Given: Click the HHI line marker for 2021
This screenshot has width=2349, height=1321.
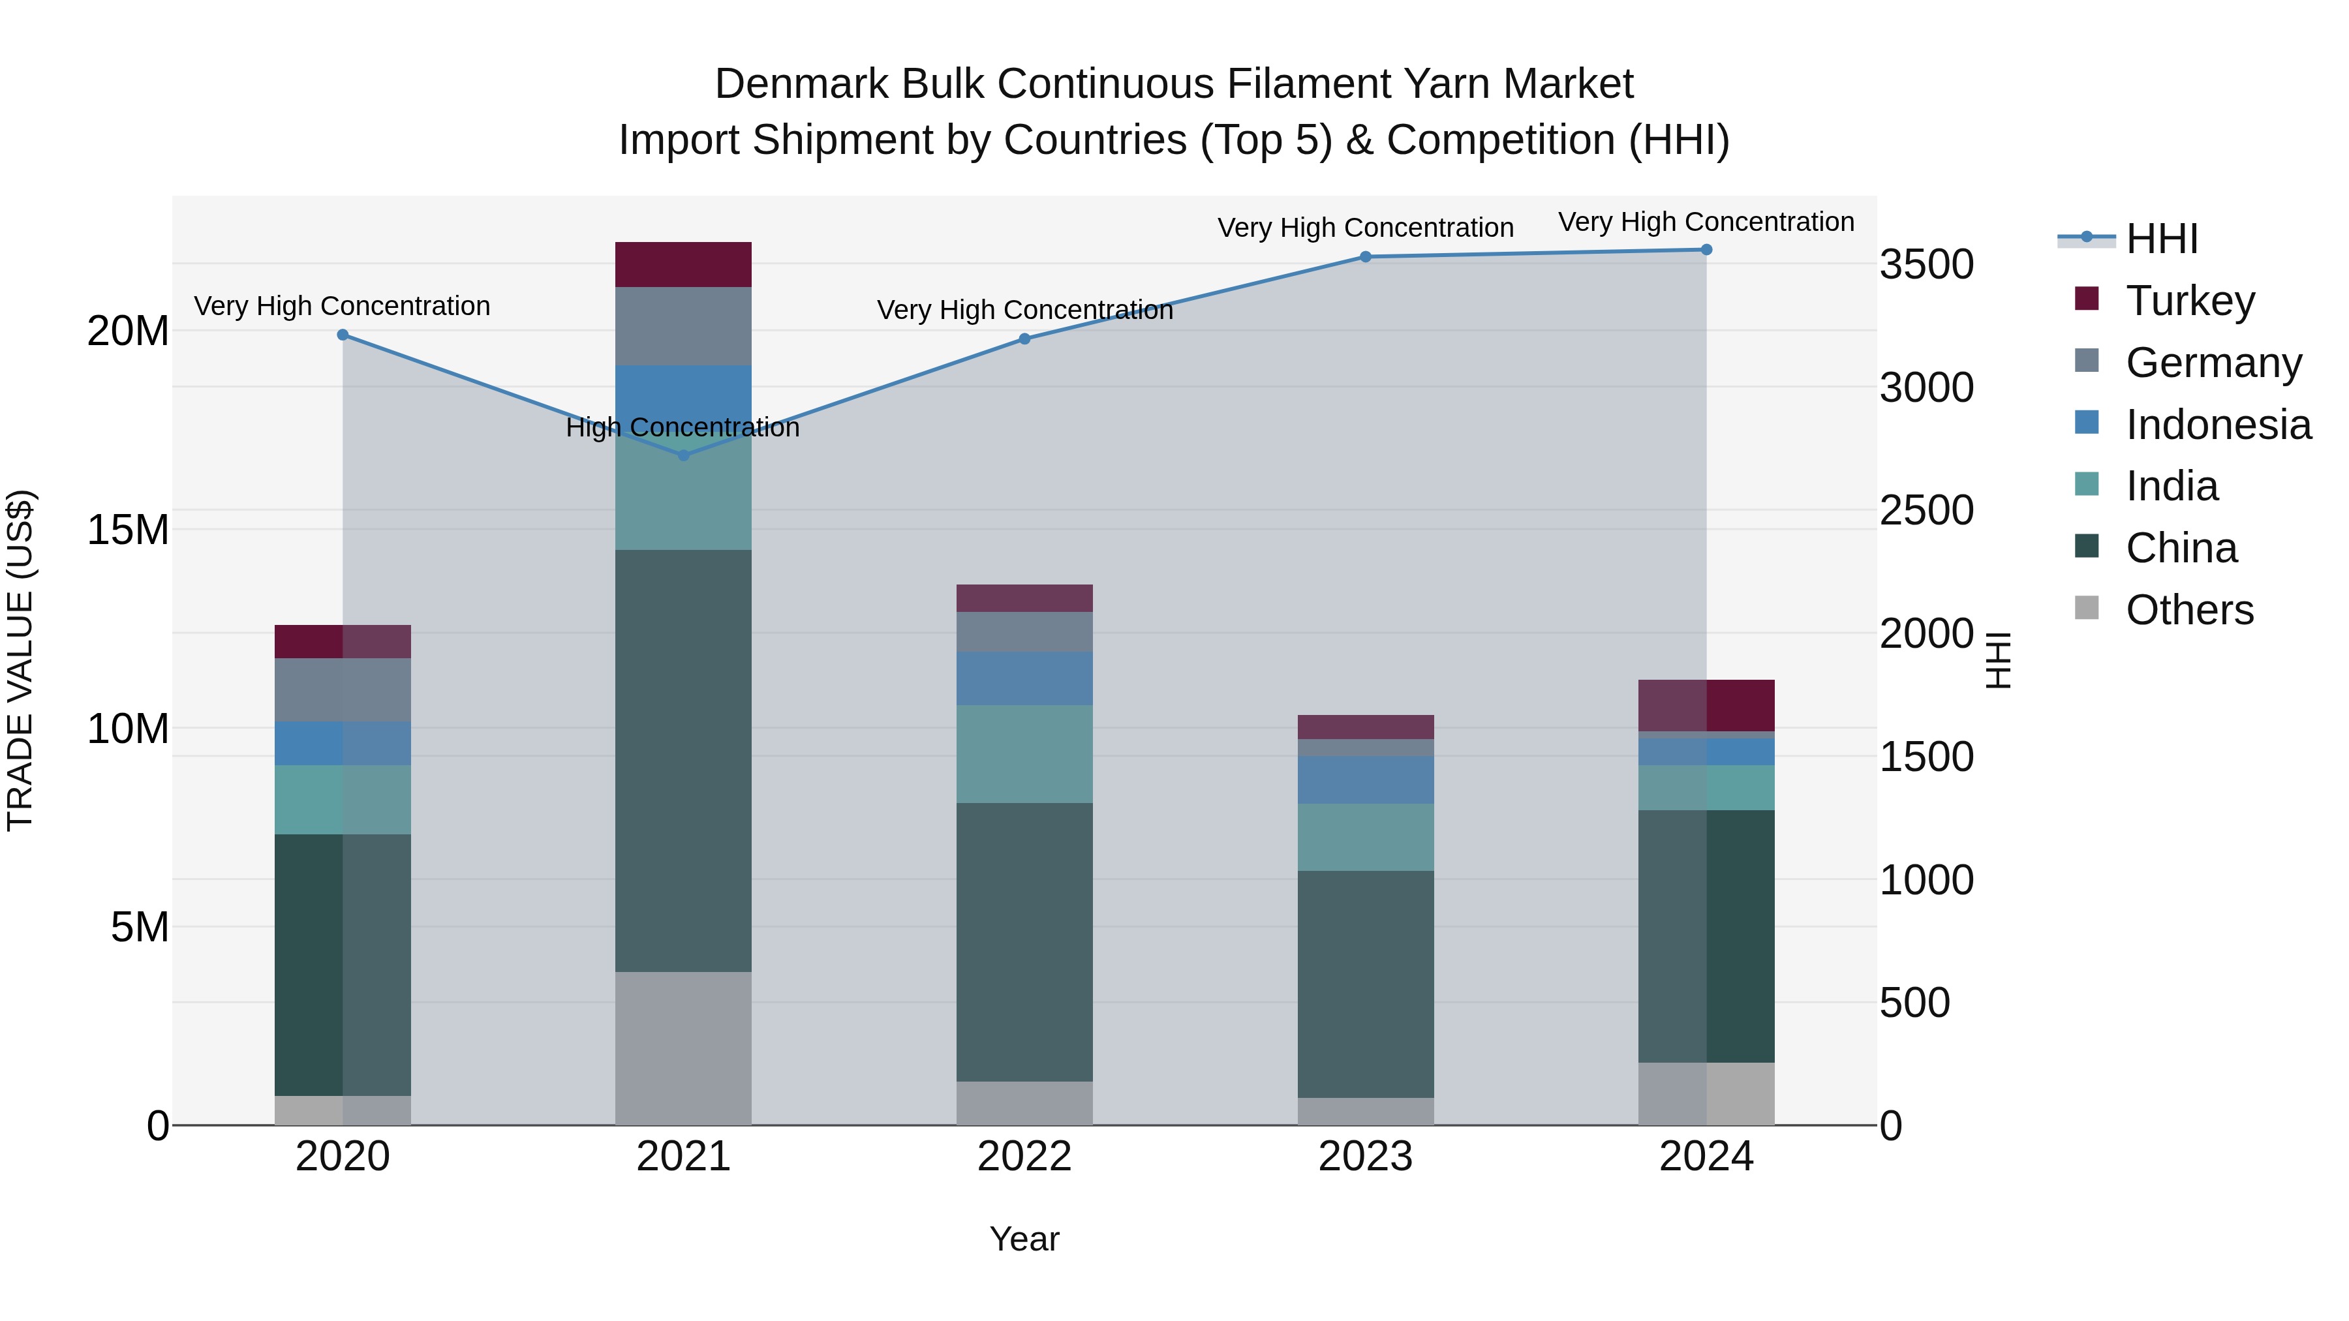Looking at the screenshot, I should pos(684,455).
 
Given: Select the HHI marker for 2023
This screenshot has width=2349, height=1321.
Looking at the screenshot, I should pos(1365,257).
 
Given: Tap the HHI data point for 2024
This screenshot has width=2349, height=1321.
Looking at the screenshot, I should pos(1706,250).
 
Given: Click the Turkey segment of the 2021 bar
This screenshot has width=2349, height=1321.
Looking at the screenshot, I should pos(683,264).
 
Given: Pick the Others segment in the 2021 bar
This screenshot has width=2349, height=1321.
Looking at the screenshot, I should pos(683,1048).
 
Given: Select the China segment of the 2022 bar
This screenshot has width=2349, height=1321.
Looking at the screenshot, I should pos(1024,942).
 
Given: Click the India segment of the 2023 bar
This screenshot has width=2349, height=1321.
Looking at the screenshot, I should pos(1365,837).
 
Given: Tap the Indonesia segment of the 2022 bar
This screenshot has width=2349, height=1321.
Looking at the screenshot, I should pos(1024,678).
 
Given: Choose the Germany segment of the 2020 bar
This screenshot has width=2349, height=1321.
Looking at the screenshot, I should pos(342,690).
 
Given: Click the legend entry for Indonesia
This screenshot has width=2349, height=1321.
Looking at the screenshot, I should pos(2218,425).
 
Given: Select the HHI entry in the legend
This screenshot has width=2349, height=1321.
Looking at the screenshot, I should pos(2161,239).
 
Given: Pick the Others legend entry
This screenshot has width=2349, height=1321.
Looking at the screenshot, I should pos(2188,610).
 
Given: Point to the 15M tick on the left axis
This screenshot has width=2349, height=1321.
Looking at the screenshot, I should pos(128,530).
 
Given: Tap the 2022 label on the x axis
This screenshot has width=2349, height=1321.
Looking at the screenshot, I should pos(1024,1157).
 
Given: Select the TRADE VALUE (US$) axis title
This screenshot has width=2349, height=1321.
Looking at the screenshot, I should pos(20,660).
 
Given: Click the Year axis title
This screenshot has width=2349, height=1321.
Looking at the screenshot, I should pos(1024,1239).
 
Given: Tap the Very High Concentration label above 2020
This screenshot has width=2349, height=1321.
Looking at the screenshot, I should pos(342,307).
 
